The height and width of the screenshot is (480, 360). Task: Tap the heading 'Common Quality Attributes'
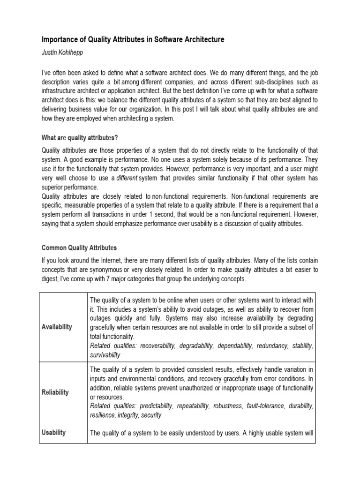point(79,247)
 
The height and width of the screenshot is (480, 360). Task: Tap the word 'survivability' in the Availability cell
point(105,355)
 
